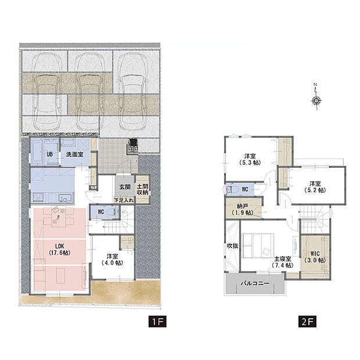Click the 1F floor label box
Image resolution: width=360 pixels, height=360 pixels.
157,322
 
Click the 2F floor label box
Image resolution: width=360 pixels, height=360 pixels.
307,322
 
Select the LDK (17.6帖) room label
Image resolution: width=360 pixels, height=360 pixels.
60,250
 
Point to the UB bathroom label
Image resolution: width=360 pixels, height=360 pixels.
49,154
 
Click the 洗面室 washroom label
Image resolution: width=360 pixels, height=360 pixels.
75,154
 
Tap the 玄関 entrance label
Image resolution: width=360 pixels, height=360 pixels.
125,187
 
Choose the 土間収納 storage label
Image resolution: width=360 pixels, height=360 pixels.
142,189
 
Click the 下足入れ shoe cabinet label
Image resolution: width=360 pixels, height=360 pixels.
124,200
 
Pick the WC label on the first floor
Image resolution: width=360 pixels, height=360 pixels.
101,212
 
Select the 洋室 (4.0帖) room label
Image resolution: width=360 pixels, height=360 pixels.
112,260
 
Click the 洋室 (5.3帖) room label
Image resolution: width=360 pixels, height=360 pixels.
250,160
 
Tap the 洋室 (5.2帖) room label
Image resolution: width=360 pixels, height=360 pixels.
315,187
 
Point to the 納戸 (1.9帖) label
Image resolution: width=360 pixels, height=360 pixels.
242,210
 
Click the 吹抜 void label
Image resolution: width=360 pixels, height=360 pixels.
232,246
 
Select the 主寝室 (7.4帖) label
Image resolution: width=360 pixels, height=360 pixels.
283,262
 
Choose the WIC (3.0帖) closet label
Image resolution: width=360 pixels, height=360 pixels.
315,257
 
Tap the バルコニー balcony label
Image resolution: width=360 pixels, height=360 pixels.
255,283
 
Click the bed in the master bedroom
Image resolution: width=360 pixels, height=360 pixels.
258,246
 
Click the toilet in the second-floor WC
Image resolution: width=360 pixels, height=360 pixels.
233,190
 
